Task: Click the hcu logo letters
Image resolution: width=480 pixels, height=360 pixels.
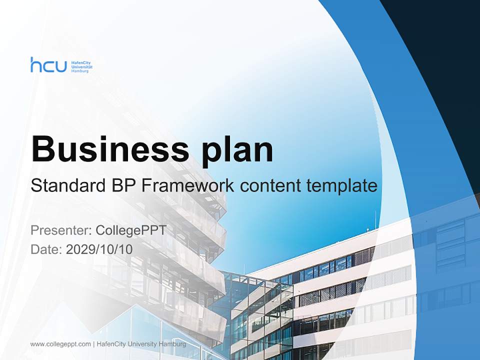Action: coord(48,65)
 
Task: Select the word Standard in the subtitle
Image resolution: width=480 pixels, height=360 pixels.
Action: coord(66,186)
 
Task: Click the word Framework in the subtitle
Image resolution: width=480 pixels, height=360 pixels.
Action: coord(187,186)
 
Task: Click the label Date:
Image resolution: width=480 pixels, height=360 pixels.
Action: coord(46,249)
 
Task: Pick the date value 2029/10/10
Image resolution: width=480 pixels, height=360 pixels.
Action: coord(99,249)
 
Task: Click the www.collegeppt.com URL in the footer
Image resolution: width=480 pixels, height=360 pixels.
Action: coord(60,344)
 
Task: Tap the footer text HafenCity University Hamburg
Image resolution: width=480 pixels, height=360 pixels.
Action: coord(141,344)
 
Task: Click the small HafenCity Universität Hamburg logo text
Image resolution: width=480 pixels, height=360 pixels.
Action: coord(81,65)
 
